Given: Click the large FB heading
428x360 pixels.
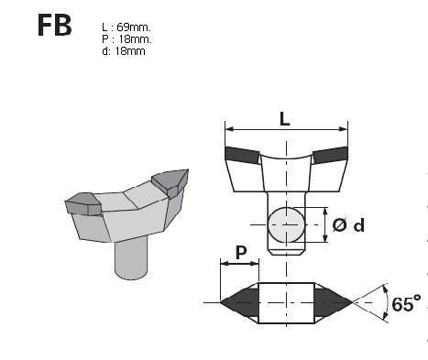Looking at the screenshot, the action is pos(55,26).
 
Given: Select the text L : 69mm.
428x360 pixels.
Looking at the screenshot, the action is pos(126,27).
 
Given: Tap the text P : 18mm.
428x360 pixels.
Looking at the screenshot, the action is pos(126,39).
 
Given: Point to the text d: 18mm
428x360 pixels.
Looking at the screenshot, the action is pos(124,51).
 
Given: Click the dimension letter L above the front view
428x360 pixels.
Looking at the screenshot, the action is pos(285,119).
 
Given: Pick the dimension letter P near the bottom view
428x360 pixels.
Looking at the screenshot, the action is pos(241,252).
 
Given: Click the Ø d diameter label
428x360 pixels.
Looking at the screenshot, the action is pos(348,225).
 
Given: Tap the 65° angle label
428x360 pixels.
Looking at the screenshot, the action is pos(406,304).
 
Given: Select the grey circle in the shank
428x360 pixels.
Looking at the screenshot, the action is pos(286,224).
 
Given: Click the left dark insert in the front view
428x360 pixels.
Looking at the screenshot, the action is pos(241,155).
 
